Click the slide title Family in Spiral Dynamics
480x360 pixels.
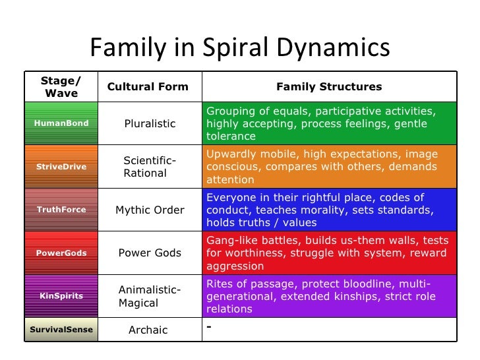coord(239,47)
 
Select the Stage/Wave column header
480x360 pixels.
coord(61,86)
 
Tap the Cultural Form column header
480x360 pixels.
coord(148,86)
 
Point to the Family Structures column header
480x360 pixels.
coord(329,86)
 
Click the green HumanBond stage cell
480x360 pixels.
coord(61,123)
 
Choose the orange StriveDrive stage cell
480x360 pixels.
coord(61,167)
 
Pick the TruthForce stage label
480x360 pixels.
coord(61,210)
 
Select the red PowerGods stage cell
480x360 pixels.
coord(61,253)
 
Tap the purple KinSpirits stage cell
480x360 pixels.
coord(61,296)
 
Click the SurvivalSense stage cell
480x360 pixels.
coord(61,330)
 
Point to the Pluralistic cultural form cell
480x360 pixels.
coord(150,123)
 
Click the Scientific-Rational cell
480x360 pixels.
coord(150,167)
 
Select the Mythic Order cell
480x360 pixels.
coord(150,210)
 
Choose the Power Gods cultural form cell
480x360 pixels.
coord(150,253)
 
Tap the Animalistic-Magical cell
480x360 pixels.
coord(149,296)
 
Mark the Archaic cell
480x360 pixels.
coord(148,330)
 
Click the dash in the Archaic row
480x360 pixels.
coord(209,326)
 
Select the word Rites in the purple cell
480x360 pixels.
coord(220,284)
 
